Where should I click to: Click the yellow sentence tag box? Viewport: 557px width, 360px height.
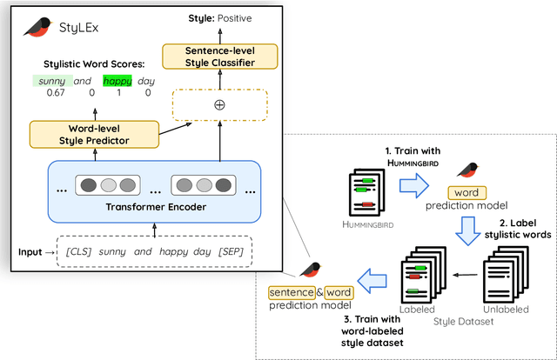288,292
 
